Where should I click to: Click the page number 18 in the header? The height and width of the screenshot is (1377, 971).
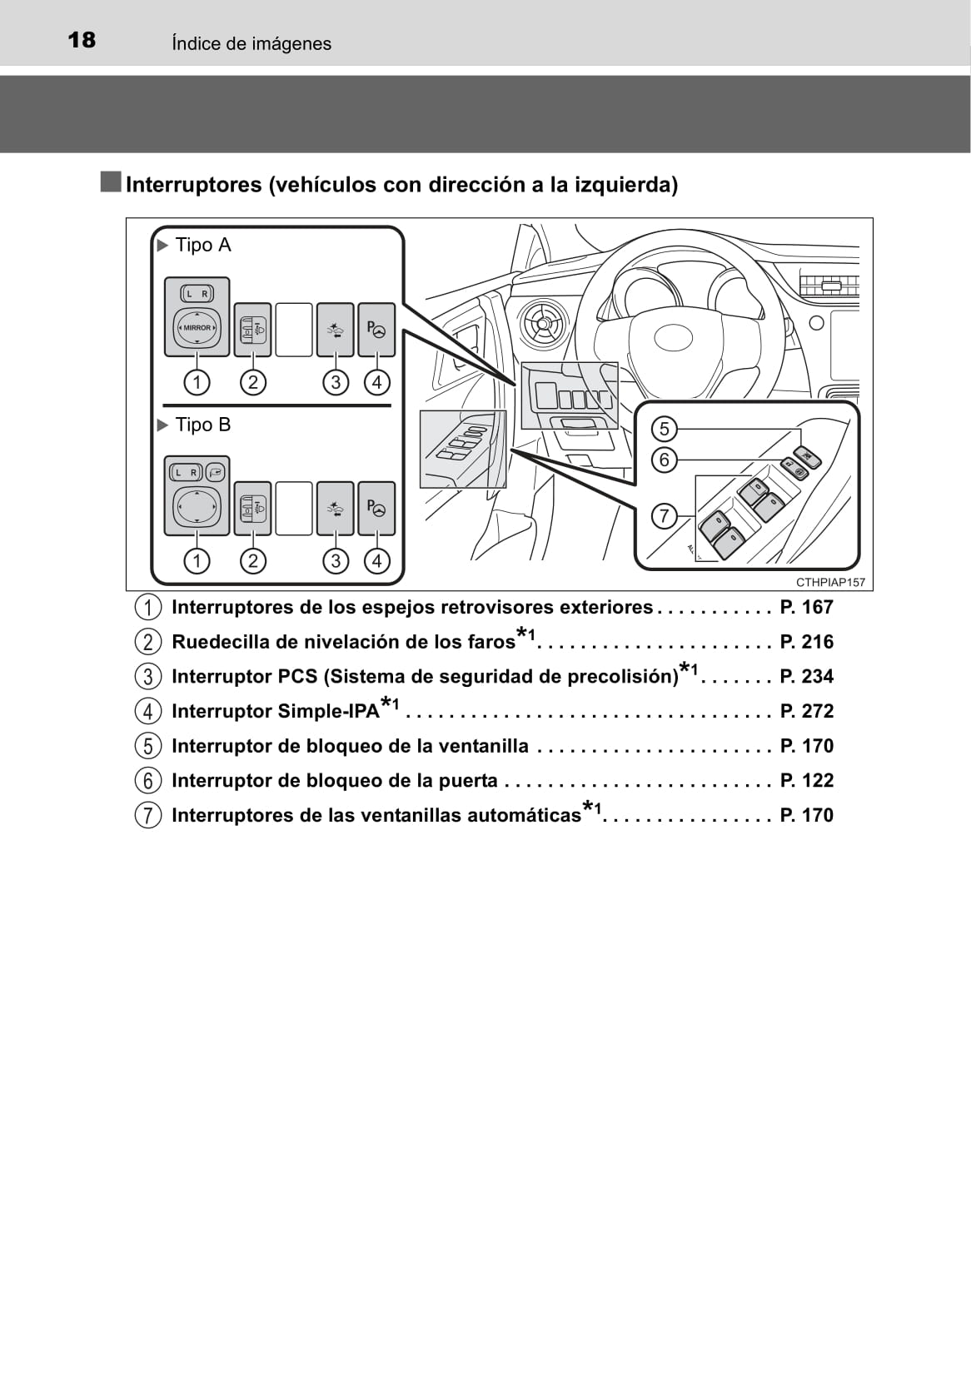[x=82, y=41]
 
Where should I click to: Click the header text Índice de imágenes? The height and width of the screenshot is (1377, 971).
[x=251, y=43]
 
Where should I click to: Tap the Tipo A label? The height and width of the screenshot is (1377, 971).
[x=203, y=246]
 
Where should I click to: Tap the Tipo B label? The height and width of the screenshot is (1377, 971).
[x=203, y=425]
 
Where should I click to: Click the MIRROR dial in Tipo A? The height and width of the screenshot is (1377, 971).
[x=197, y=328]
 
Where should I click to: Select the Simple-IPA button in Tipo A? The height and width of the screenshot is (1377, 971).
[x=376, y=330]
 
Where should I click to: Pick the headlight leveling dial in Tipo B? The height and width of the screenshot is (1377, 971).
[x=252, y=509]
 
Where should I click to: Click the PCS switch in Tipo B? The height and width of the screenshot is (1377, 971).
[x=335, y=509]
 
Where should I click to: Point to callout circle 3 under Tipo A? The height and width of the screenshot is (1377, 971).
[x=336, y=382]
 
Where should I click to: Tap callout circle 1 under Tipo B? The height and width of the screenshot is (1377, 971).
[x=197, y=560]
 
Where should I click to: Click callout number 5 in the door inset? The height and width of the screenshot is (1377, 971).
[x=665, y=429]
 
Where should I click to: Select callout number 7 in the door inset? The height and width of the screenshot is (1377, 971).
[x=665, y=516]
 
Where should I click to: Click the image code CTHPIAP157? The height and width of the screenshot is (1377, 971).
[x=830, y=582]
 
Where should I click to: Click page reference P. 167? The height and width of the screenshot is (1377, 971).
[x=806, y=608]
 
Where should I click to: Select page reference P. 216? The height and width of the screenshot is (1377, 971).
[x=806, y=642]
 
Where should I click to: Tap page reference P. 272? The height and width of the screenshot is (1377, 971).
[x=806, y=711]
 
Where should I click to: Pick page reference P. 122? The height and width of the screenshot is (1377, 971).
[x=806, y=781]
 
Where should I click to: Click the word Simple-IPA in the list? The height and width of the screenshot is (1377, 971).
[x=328, y=711]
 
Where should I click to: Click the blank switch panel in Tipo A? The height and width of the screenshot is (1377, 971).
[x=294, y=330]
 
